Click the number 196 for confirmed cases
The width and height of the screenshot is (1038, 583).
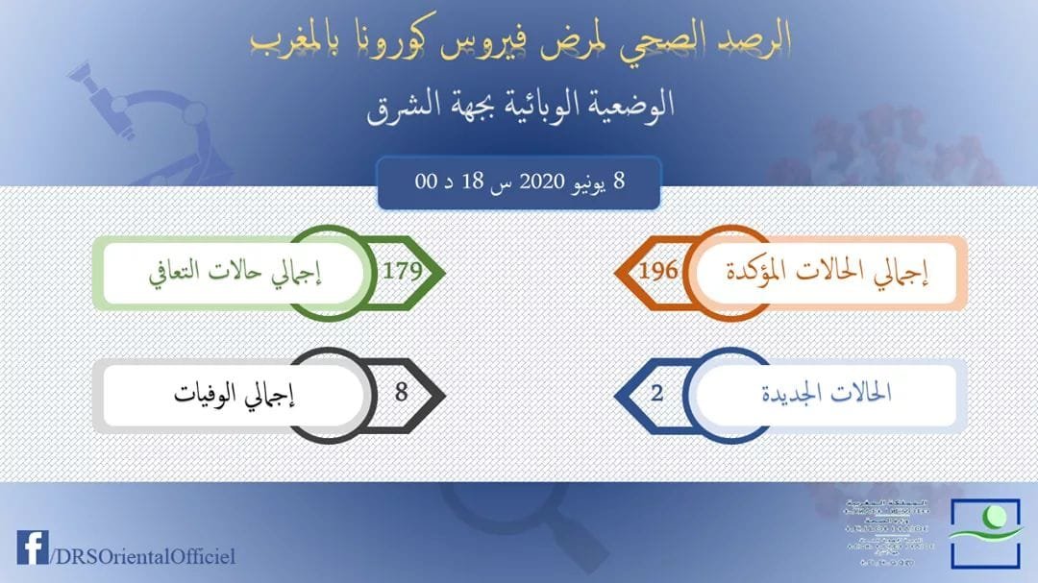[x=658, y=271]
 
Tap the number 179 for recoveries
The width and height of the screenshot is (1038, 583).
[x=402, y=271]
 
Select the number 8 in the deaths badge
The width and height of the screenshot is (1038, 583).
[x=402, y=392]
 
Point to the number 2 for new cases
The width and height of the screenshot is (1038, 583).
[x=657, y=392]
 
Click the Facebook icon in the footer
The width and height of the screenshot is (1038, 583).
[x=32, y=547]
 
